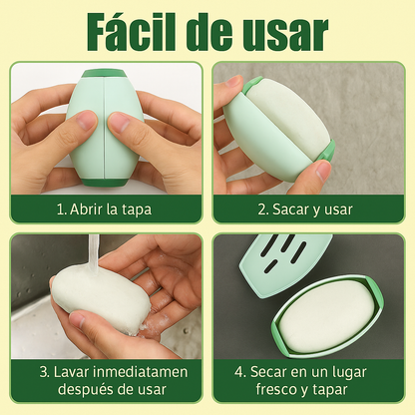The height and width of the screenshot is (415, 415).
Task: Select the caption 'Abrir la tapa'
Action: point(111,209)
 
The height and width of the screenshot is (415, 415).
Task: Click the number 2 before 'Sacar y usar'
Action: point(262,209)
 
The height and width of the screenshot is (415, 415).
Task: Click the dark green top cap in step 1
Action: point(104,73)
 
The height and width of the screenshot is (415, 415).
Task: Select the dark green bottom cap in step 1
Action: point(104,182)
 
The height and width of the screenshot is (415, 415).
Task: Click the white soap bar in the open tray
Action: point(327,316)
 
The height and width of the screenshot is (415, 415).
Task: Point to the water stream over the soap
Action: point(94,254)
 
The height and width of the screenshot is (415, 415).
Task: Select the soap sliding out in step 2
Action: point(288,117)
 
